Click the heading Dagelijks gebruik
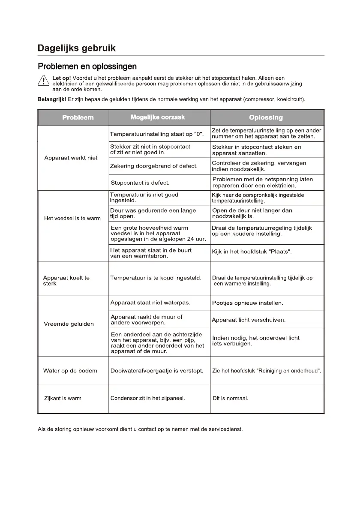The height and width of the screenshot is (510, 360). (x=77, y=48)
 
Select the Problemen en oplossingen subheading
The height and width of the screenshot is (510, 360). (x=87, y=66)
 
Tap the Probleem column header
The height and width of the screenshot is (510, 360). (x=78, y=117)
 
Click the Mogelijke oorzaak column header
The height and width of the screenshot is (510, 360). (x=158, y=117)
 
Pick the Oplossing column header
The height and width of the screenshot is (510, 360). (x=266, y=117)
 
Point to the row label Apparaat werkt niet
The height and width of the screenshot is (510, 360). (x=71, y=158)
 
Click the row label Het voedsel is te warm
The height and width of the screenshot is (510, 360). (x=72, y=219)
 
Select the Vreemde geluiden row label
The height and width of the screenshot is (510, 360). (x=69, y=324)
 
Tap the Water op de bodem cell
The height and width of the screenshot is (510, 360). (x=70, y=371)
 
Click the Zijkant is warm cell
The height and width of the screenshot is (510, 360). (x=63, y=399)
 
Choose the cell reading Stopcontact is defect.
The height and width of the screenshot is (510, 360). (x=140, y=183)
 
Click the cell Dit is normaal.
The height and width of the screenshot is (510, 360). (x=231, y=399)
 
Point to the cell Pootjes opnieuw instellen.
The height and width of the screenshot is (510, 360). (x=247, y=303)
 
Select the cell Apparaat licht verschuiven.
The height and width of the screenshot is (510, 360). (x=249, y=320)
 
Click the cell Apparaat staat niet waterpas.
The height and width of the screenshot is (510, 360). (x=150, y=303)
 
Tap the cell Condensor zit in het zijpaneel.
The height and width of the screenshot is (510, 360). (x=147, y=399)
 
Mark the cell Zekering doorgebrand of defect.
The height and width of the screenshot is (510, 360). (x=154, y=166)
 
